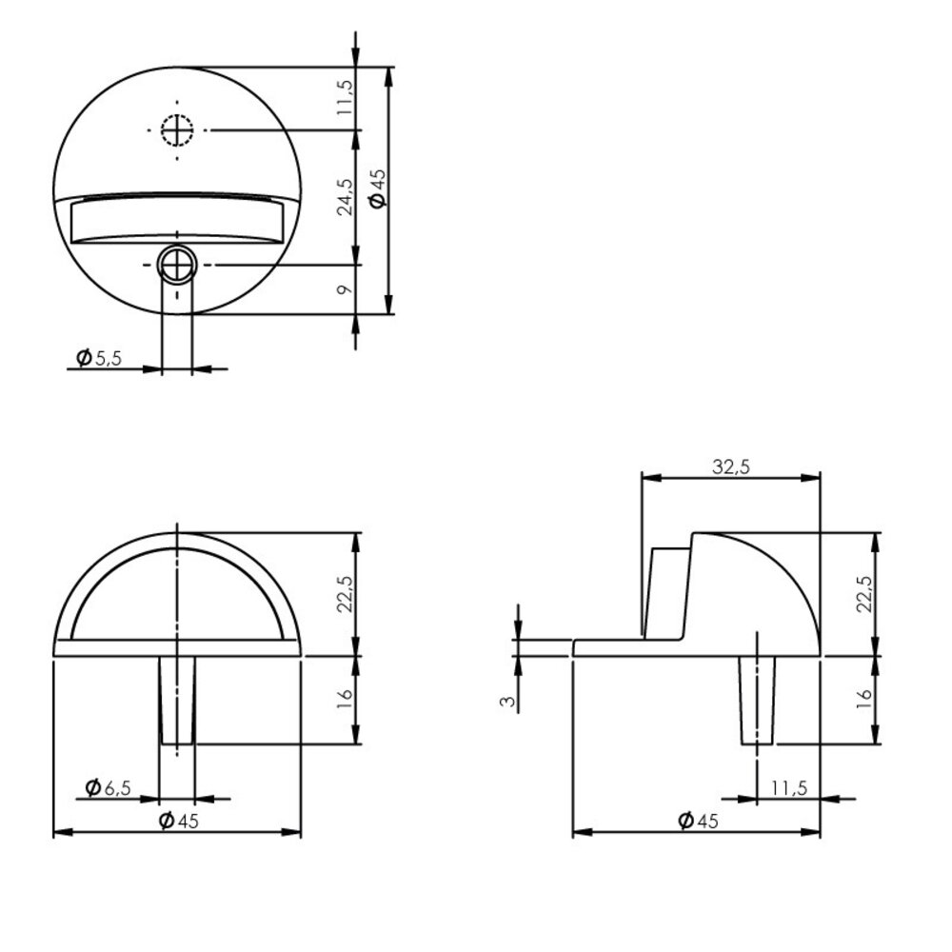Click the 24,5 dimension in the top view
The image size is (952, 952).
point(346,196)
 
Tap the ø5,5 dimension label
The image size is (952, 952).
point(99,358)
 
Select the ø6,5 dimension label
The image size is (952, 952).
point(108,787)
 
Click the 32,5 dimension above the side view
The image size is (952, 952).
point(731,466)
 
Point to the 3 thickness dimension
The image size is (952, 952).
point(510,702)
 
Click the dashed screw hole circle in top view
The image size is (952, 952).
point(177,129)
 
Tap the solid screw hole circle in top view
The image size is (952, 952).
point(177,265)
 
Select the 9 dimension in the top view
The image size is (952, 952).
point(346,288)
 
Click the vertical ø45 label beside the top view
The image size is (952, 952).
point(377,188)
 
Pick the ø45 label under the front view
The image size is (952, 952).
point(180,822)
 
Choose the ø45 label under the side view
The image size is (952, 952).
point(698,822)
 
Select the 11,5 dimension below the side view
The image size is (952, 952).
point(790,787)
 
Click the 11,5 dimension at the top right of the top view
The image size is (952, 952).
point(346,97)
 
